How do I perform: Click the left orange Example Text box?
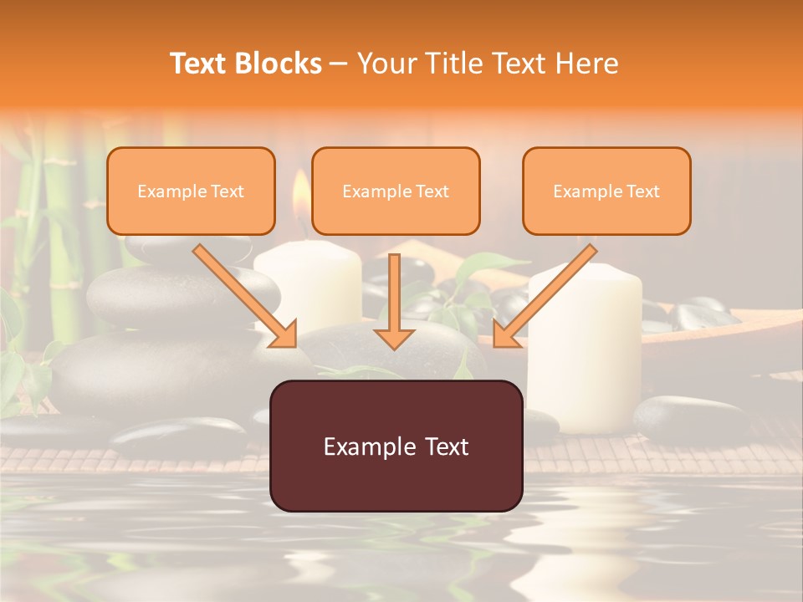pos(191,191)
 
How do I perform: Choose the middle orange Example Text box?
pos(396,191)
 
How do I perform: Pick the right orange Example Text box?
pos(606,191)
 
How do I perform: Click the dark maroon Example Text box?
pos(396,446)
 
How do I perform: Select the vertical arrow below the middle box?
pos(394,301)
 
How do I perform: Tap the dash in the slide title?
pos(339,64)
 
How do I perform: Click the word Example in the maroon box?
pos(361,446)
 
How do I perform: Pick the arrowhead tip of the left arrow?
pos(294,345)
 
